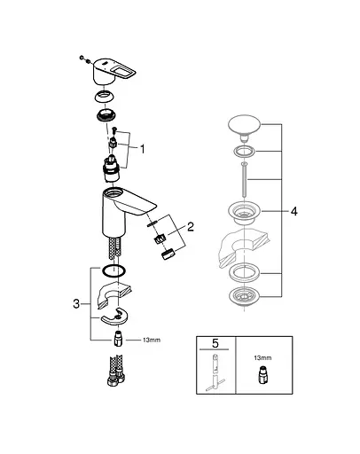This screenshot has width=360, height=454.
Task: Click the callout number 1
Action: coord(143,149)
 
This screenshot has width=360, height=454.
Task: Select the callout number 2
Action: coord(191,227)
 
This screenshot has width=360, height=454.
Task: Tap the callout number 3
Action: coord(76,303)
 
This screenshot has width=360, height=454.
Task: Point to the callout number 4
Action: coord(294,211)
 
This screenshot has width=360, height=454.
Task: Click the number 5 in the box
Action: coord(215,343)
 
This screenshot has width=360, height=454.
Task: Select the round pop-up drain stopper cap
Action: coord(244,127)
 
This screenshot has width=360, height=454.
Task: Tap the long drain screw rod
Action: coord(244,179)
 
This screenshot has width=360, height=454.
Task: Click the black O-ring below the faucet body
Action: coord(113,271)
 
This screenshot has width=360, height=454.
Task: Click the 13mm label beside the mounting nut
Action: coord(152,340)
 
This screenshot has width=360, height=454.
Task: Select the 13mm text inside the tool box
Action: coord(262,358)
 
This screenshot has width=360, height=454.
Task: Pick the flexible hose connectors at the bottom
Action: coord(116,371)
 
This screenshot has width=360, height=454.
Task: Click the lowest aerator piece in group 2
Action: coord(168,254)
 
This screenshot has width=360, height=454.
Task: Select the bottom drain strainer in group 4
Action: coord(244,297)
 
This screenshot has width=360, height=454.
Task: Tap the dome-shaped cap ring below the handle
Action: coord(105,98)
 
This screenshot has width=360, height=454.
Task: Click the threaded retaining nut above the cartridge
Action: coord(106,114)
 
